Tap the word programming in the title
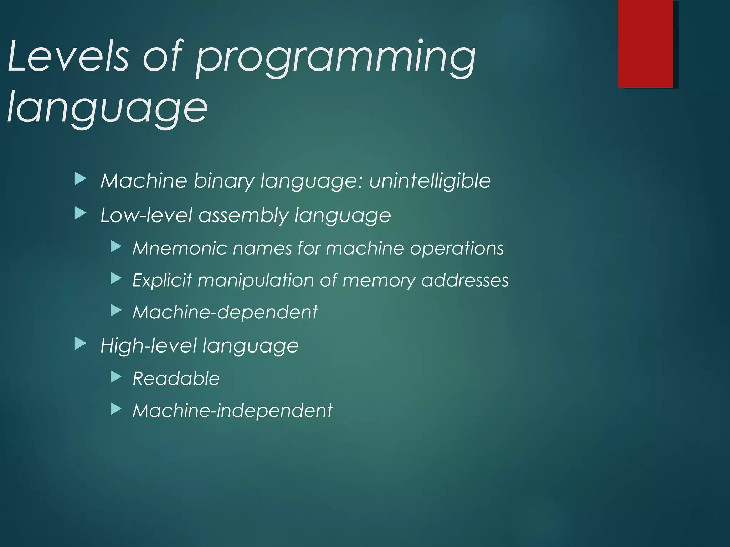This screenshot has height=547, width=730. (335, 59)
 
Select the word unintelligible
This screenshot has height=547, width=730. (430, 181)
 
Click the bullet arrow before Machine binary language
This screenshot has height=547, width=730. (81, 179)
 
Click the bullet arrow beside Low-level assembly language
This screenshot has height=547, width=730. (81, 214)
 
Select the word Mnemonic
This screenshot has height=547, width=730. (180, 248)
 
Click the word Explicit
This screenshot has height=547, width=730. (162, 281)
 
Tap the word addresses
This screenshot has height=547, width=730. (465, 280)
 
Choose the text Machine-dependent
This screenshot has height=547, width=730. (225, 312)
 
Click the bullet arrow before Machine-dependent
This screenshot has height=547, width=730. (116, 311)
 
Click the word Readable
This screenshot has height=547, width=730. (176, 379)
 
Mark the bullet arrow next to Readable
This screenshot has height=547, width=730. (116, 377)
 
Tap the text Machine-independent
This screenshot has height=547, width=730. (232, 411)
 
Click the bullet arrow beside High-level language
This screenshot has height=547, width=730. (81, 344)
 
